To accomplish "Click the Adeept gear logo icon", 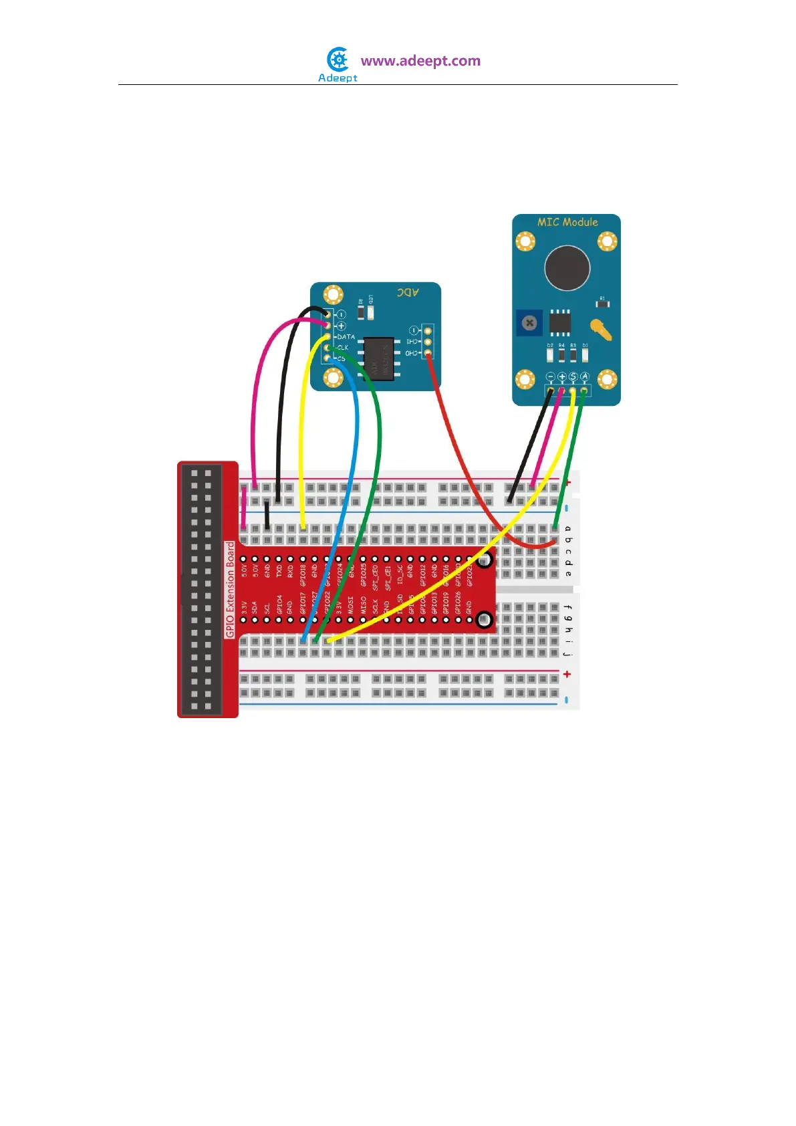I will [338, 60].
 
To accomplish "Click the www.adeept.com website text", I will [420, 61].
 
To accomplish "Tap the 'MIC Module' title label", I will [567, 222].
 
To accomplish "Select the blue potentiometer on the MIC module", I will [529, 324].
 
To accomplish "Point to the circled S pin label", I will [573, 377].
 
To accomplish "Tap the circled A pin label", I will [584, 377].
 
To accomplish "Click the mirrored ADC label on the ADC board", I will [408, 292].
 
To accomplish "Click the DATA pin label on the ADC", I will [346, 337].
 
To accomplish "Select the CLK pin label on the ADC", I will [343, 348].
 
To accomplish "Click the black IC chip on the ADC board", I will [378, 359].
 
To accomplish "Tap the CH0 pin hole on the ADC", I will [427, 352].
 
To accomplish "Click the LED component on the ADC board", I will [371, 312].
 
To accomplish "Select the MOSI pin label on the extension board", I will [351, 604].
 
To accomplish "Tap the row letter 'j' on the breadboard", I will [567, 654].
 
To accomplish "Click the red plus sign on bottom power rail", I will [567, 674].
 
